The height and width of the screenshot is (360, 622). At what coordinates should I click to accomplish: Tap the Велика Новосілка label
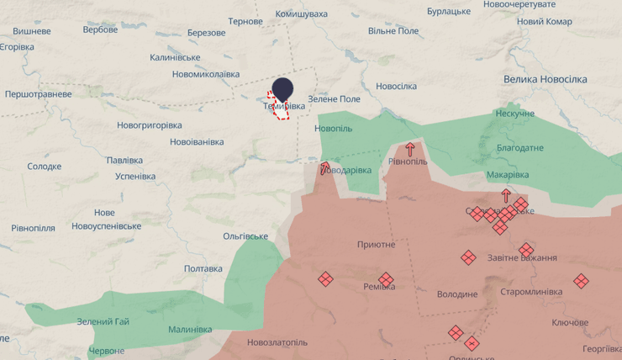(546, 79)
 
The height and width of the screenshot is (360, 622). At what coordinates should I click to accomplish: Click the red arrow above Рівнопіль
(410, 150)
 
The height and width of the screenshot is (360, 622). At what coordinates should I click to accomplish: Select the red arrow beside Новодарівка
(325, 167)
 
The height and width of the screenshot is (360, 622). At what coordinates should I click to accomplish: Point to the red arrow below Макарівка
(506, 195)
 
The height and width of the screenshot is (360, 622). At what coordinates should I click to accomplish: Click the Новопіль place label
(333, 128)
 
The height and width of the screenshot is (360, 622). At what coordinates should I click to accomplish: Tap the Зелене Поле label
(334, 99)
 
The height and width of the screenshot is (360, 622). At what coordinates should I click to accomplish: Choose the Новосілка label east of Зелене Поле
(396, 87)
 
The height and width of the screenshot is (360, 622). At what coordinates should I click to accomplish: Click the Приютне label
(376, 244)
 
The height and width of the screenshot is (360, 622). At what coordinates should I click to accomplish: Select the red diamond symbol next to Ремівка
(386, 279)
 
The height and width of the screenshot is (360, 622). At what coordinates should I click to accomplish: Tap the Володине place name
(457, 294)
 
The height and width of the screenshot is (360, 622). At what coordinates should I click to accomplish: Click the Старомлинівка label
(530, 292)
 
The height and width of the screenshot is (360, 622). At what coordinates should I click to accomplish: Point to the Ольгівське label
(245, 236)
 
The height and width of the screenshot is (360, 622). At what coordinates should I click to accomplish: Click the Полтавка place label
(203, 268)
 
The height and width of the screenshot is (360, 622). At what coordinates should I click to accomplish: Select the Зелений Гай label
(103, 322)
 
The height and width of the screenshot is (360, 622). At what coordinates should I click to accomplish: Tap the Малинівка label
(190, 330)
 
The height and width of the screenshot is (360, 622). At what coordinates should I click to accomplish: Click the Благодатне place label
(519, 147)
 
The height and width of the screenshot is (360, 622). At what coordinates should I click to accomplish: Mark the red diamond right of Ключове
(581, 281)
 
